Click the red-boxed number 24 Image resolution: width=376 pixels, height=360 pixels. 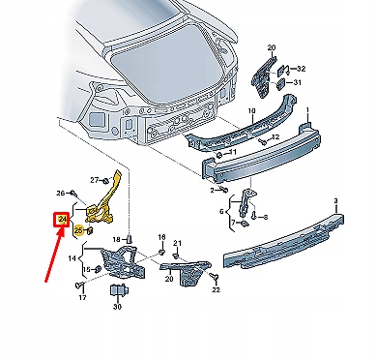click(63, 221)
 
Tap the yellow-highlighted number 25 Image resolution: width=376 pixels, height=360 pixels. click(79, 230)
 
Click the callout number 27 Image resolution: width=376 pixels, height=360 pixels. click(96, 180)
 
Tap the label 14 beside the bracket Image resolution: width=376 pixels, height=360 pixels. click(72, 258)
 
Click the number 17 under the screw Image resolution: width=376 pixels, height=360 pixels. click(81, 298)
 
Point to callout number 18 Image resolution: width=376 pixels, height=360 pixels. click(161, 237)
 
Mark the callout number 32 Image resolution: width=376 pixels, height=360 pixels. click(302, 69)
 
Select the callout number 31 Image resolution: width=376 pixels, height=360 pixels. click(295, 83)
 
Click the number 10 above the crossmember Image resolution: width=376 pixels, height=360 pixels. click(252, 111)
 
